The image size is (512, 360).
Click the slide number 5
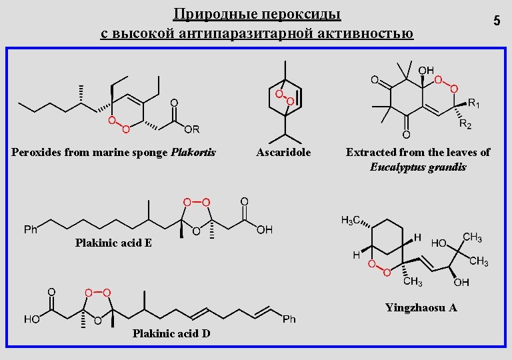pyautogui.click(x=497, y=21)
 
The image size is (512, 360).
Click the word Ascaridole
pyautogui.click(x=283, y=153)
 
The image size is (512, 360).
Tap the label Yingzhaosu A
pyautogui.click(x=421, y=308)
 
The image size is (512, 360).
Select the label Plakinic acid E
pyautogui.click(x=113, y=243)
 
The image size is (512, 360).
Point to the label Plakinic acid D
pyautogui.click(x=171, y=333)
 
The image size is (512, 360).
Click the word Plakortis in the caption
pyautogui.click(x=193, y=153)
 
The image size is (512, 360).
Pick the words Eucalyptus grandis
pyautogui.click(x=418, y=167)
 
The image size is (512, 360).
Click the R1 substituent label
pyautogui.click(x=474, y=103)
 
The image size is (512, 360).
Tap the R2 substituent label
pyautogui.click(x=465, y=125)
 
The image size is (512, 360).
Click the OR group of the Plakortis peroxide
pyautogui.click(x=192, y=129)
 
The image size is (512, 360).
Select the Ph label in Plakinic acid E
pyautogui.click(x=31, y=229)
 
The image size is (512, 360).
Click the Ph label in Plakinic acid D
pyautogui.click(x=289, y=319)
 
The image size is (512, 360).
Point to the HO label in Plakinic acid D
pyautogui.click(x=31, y=319)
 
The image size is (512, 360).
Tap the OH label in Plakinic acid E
pyautogui.click(x=265, y=229)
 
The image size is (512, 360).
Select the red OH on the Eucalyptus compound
pyautogui.click(x=425, y=69)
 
